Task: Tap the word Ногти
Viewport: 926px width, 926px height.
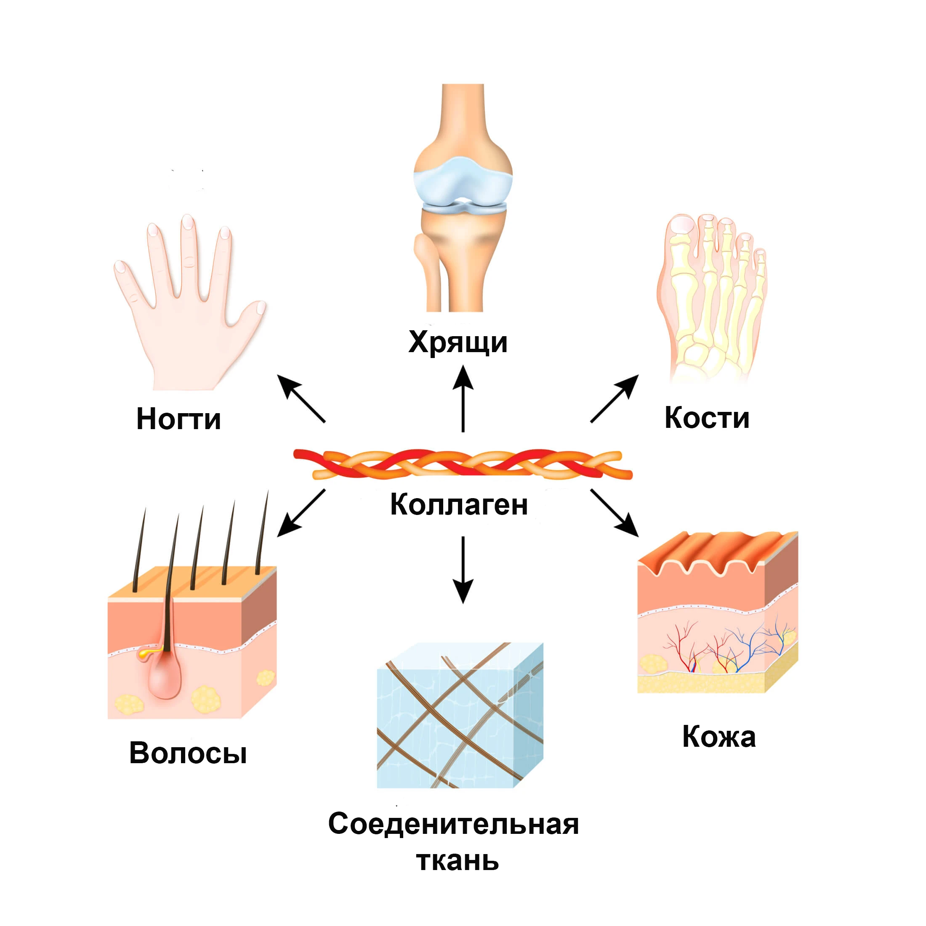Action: tap(178, 419)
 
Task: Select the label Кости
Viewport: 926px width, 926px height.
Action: tap(706, 417)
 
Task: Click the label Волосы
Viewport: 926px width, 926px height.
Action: tap(188, 753)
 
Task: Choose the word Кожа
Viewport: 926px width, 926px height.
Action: tap(718, 736)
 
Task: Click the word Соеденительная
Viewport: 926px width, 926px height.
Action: tap(453, 824)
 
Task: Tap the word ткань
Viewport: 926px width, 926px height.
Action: tap(458, 860)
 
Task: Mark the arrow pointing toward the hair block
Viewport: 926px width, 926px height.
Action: tap(301, 513)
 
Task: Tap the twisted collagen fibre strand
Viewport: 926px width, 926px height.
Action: tap(463, 464)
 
